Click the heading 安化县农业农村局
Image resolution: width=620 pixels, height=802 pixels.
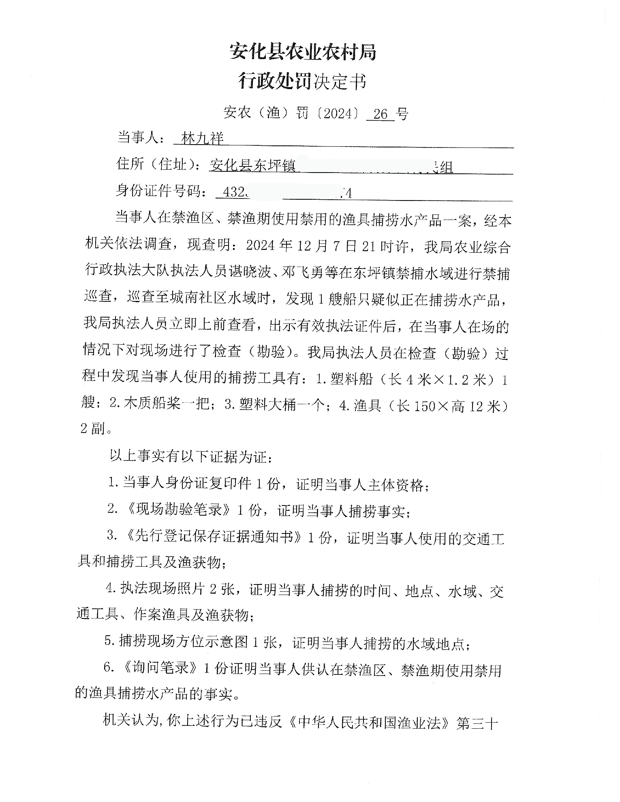(303, 52)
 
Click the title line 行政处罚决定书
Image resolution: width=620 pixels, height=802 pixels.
(303, 81)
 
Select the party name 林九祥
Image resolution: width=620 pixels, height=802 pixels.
(203, 139)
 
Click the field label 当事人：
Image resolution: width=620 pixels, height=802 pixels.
(141, 138)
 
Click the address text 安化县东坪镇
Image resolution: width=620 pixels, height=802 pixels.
(253, 166)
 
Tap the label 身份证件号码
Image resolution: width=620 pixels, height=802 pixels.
(160, 191)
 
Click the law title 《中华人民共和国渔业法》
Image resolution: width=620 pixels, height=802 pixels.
(369, 723)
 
